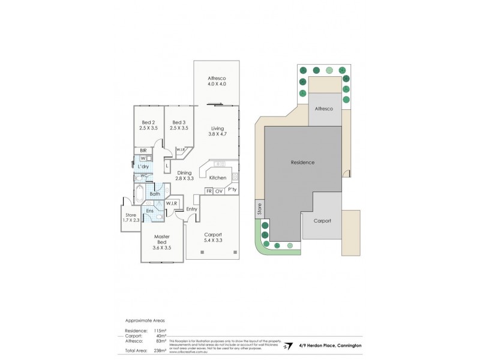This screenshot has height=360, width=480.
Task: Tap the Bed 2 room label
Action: tap(146, 125)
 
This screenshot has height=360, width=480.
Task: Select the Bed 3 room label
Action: tap(179, 125)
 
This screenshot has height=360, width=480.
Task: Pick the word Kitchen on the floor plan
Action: tap(218, 178)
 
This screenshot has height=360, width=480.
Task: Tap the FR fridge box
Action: tap(209, 191)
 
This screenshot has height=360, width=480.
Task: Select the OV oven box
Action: tap(219, 191)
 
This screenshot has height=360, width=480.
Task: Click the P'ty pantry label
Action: tap(232, 190)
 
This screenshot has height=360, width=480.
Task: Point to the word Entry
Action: tap(192, 209)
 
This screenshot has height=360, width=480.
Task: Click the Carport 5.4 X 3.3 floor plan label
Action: tap(213, 238)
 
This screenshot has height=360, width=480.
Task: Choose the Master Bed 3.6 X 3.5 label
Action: tap(162, 242)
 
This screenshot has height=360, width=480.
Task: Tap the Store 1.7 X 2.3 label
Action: tap(131, 218)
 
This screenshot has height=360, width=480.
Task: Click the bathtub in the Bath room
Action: tap(140, 194)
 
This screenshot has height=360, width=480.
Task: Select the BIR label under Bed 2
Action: tap(143, 150)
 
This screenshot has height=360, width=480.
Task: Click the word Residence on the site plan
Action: tap(302, 163)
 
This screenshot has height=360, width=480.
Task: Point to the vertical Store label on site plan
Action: tap(260, 209)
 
